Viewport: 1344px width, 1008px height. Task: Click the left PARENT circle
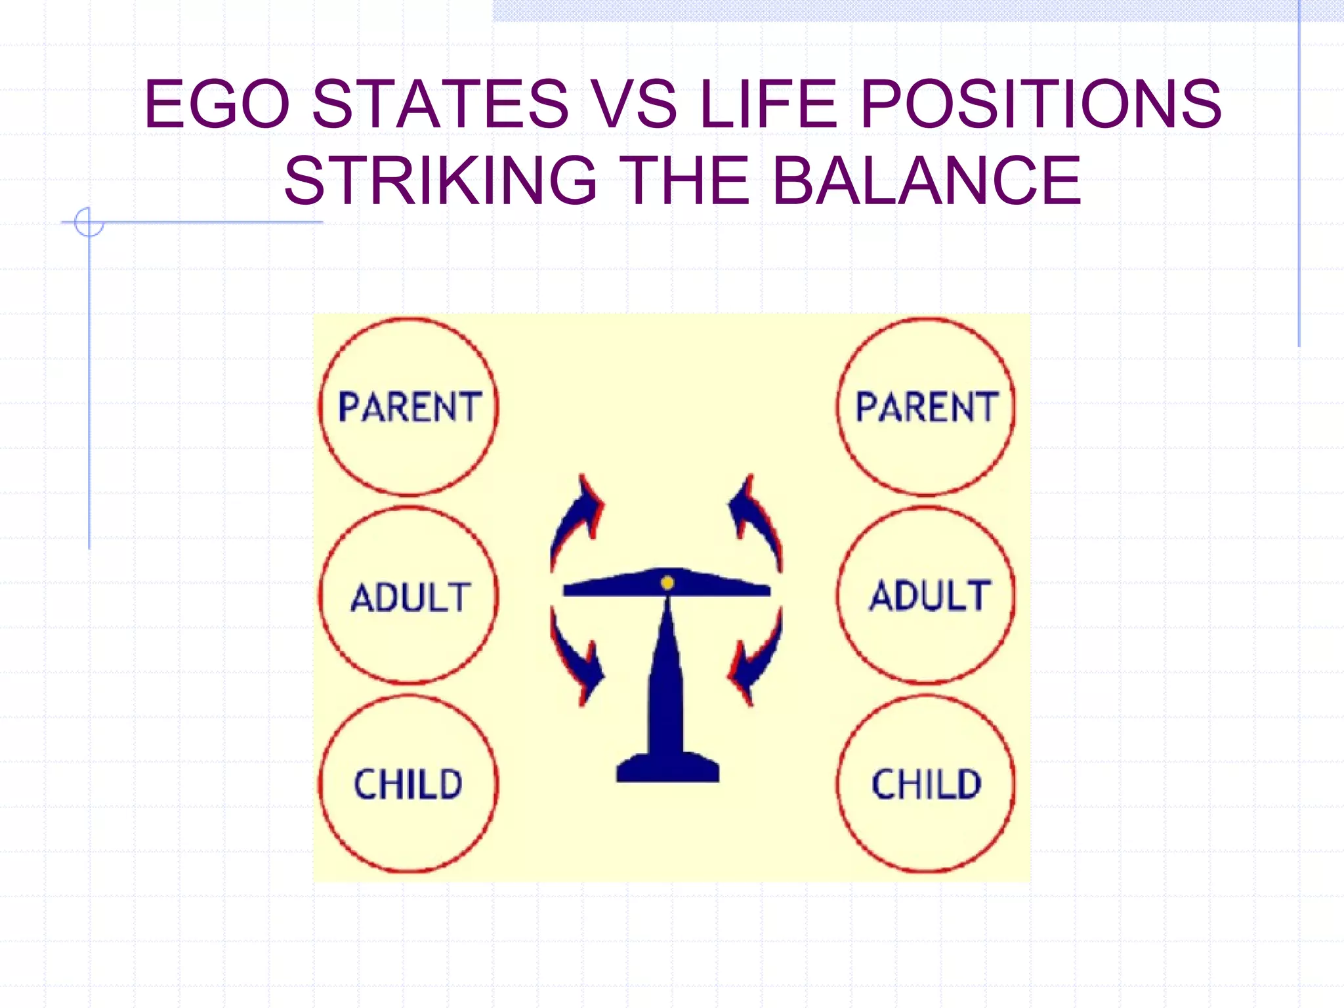pos(409,407)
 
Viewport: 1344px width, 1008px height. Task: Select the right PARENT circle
pos(926,407)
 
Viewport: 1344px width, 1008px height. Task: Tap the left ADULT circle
pos(409,596)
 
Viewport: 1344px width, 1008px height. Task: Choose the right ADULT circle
pos(926,596)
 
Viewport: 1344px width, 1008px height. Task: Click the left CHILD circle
pos(409,784)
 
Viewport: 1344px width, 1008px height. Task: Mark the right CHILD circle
pos(926,784)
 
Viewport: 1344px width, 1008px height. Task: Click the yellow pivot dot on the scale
pos(667,583)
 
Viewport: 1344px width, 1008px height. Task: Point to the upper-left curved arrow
pos(576,518)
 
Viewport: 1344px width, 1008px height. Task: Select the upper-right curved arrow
pos(757,518)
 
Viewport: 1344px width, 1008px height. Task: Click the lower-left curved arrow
pos(576,660)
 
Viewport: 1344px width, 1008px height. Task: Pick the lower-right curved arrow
pos(757,660)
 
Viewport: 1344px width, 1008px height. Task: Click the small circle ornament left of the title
pos(89,222)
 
